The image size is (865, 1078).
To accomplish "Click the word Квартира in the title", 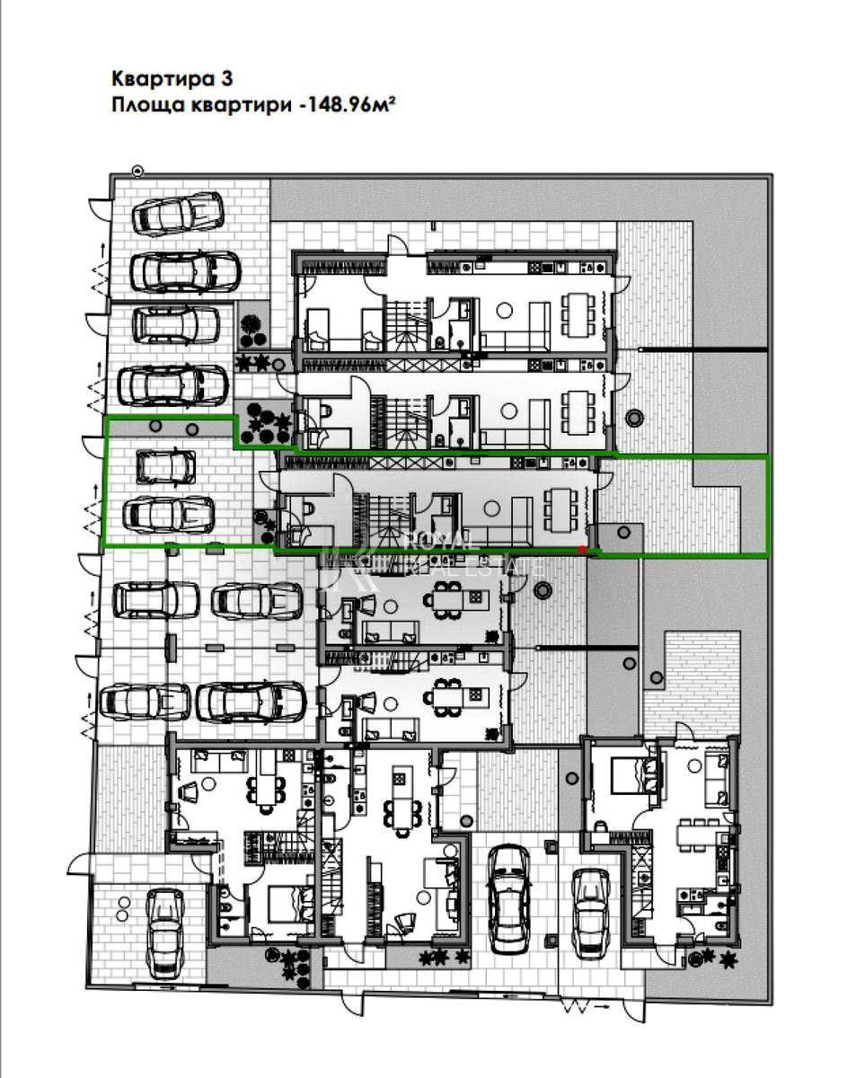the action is point(159,79).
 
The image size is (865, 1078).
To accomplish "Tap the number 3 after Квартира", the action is point(226,79).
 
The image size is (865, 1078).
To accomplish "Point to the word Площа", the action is point(147,106).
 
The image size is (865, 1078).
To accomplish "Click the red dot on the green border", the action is point(581,549).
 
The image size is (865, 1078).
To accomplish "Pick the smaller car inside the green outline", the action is point(166,467).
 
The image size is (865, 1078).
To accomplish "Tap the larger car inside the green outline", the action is point(169,515).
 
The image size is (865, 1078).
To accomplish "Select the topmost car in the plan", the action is point(177,214).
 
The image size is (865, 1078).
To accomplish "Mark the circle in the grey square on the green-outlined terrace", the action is point(623,532).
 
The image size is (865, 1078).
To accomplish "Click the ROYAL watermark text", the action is point(437,542).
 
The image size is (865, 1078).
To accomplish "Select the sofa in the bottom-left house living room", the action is point(220,761).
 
